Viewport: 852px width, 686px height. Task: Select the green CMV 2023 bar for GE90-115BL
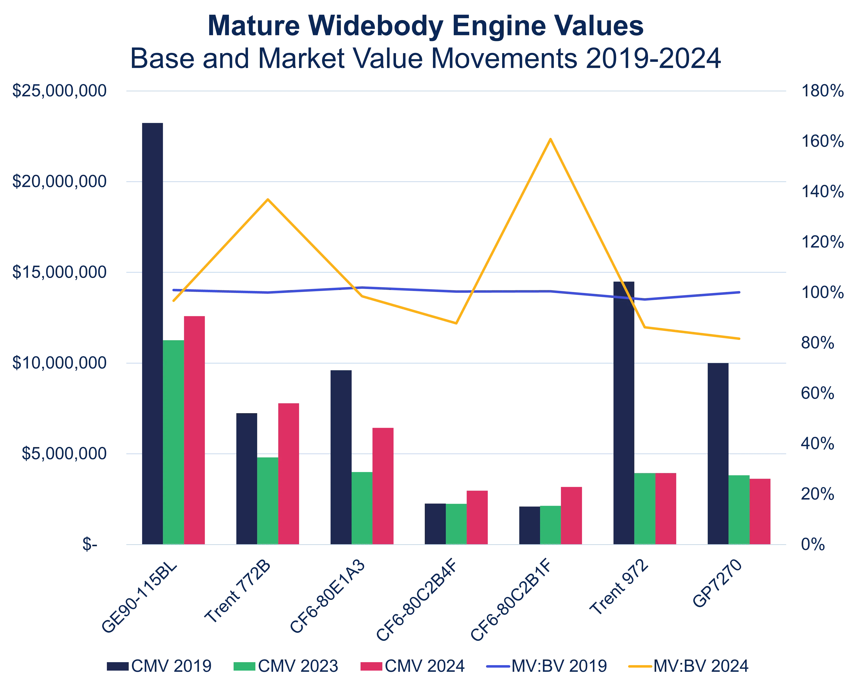174,441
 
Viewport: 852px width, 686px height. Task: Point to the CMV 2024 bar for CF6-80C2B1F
571,515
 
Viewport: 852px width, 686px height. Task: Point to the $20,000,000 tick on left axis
59,182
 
